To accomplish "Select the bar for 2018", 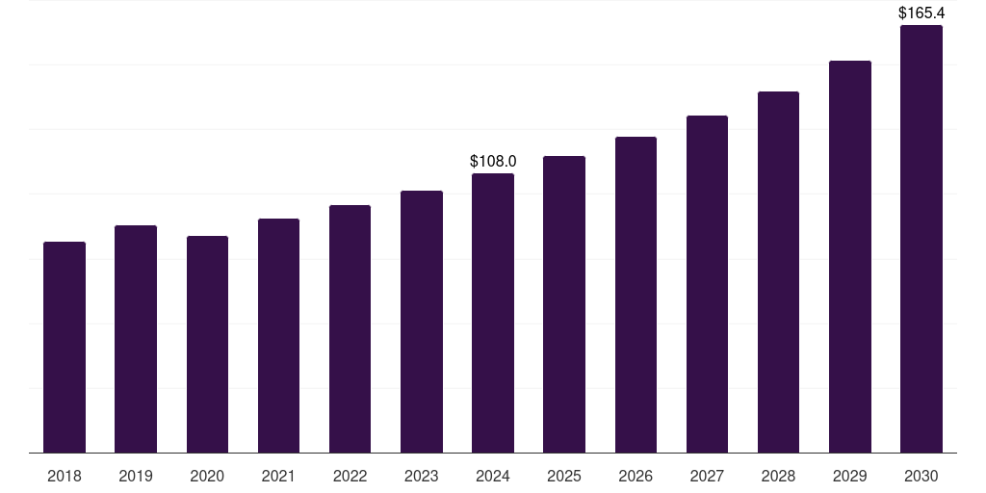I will click(x=65, y=347).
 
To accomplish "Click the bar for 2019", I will click(x=136, y=339).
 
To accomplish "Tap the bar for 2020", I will click(x=207, y=344).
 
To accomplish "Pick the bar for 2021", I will click(x=278, y=335).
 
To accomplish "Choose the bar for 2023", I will click(x=422, y=322).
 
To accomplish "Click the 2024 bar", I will click(x=493, y=313).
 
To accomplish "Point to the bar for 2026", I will click(x=636, y=295).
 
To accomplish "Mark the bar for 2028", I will click(x=778, y=272).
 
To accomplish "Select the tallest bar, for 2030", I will click(x=921, y=239).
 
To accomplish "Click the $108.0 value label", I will click(x=493, y=161).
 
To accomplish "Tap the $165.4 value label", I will click(x=921, y=13).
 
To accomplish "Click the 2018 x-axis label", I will click(x=65, y=476).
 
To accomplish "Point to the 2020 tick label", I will click(x=207, y=476).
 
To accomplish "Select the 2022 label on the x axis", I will click(x=350, y=476).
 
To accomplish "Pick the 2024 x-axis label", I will click(x=493, y=476).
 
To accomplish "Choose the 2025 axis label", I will click(x=564, y=476).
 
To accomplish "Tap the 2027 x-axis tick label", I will click(x=707, y=476).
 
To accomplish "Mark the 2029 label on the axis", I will click(x=850, y=476).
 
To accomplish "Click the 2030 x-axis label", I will click(x=921, y=476).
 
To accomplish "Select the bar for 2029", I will click(x=850, y=256).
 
